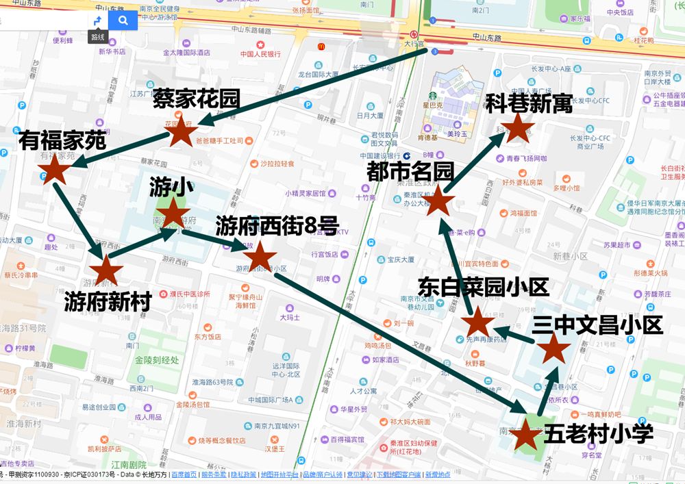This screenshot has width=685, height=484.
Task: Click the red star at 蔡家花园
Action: (x=181, y=133)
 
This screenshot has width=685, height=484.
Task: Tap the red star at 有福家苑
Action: (x=54, y=170)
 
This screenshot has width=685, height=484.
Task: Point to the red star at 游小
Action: (x=173, y=214)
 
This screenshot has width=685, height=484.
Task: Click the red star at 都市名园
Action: (x=440, y=203)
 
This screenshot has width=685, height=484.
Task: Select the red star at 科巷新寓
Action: (x=518, y=128)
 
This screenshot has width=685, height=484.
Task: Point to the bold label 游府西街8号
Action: (x=277, y=225)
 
